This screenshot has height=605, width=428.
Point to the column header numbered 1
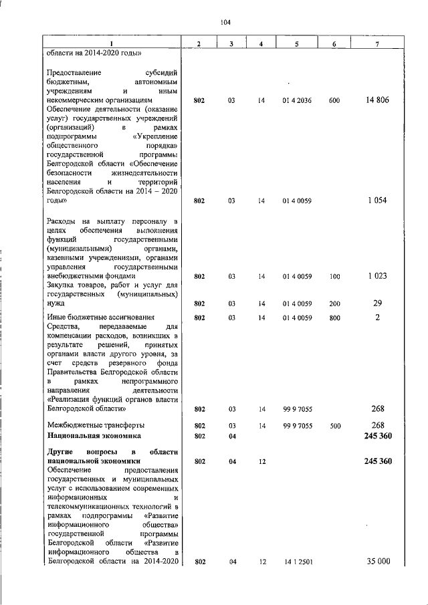tap(112, 44)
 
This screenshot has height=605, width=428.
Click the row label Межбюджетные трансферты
tap(95, 425)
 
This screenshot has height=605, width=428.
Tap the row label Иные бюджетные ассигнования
tap(100, 318)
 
